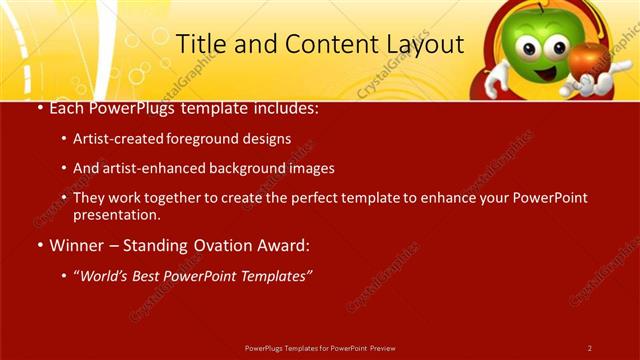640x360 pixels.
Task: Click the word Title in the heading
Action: [199, 44]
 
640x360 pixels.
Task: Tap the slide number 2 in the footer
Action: [589, 348]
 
